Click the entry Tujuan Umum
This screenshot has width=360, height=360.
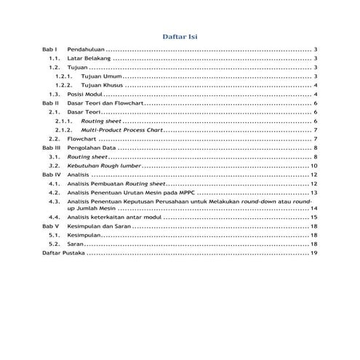[x=101, y=76]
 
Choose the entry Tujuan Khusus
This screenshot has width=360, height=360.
[x=103, y=85]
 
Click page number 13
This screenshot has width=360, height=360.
[x=313, y=193]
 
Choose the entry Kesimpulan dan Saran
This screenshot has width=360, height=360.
[x=99, y=227]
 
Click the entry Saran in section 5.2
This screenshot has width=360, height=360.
[x=75, y=244]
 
